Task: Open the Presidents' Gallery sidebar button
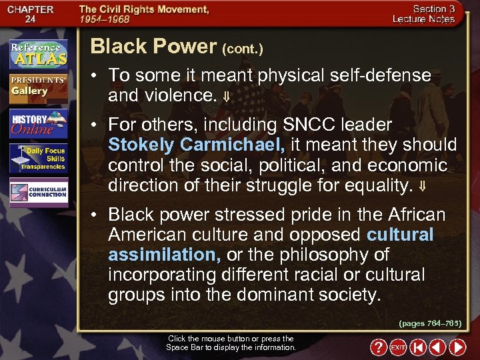point(38,87)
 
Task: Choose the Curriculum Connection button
point(38,192)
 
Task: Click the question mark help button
point(378,347)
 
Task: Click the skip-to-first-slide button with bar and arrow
point(417,347)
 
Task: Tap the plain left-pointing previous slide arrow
point(437,347)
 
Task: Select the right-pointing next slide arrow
point(457,347)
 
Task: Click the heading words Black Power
point(153,46)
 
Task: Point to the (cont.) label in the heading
point(242,49)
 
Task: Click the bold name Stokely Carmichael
point(197,145)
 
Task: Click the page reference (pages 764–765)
point(430,323)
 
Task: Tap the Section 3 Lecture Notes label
point(433,14)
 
